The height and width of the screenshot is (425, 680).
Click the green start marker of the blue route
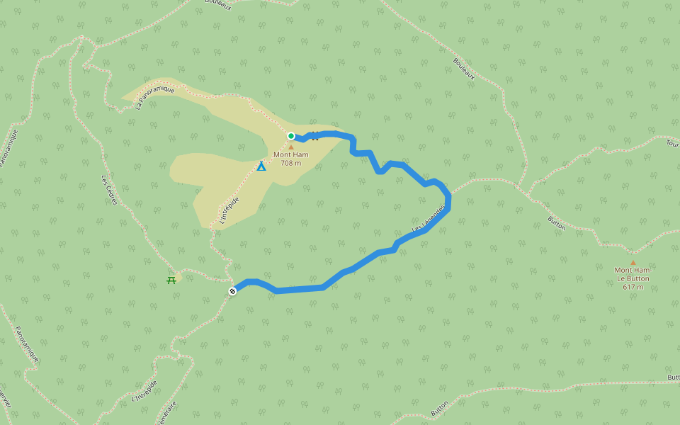291,136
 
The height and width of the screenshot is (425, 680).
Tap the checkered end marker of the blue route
232,291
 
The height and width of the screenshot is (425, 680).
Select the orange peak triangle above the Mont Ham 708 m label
290,147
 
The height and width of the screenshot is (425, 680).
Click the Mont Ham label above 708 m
290,155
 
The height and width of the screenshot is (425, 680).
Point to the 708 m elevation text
290,163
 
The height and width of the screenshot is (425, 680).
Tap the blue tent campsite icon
261,166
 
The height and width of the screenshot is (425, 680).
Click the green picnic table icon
171,280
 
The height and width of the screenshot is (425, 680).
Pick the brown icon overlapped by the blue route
314,136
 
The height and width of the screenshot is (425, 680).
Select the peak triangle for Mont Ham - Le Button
633,262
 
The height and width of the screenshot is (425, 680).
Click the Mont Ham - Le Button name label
633,274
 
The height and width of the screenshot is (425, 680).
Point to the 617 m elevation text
633,287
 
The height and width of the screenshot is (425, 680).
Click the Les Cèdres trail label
109,191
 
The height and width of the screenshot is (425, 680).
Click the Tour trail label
672,142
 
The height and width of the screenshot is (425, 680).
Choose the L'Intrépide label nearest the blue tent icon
229,211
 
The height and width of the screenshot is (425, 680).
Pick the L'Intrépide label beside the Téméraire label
144,390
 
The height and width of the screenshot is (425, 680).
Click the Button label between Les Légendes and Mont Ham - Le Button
557,223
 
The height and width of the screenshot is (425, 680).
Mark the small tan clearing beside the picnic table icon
178,276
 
